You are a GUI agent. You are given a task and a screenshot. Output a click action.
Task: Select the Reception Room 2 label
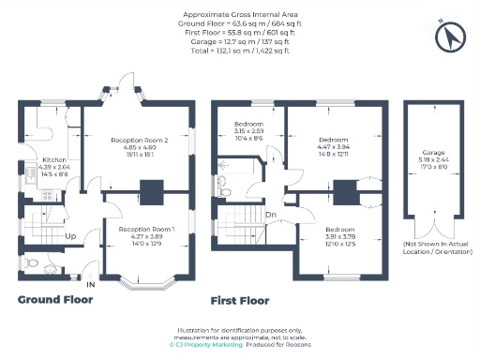[x=140, y=141]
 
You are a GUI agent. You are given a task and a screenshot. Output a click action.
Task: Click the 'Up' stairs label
[x=70, y=236]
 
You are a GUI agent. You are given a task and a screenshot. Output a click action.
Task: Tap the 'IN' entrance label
[x=91, y=283]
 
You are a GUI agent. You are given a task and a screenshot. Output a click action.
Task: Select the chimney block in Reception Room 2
[x=151, y=190]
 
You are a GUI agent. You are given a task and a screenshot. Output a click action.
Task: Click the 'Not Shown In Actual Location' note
[x=432, y=247]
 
